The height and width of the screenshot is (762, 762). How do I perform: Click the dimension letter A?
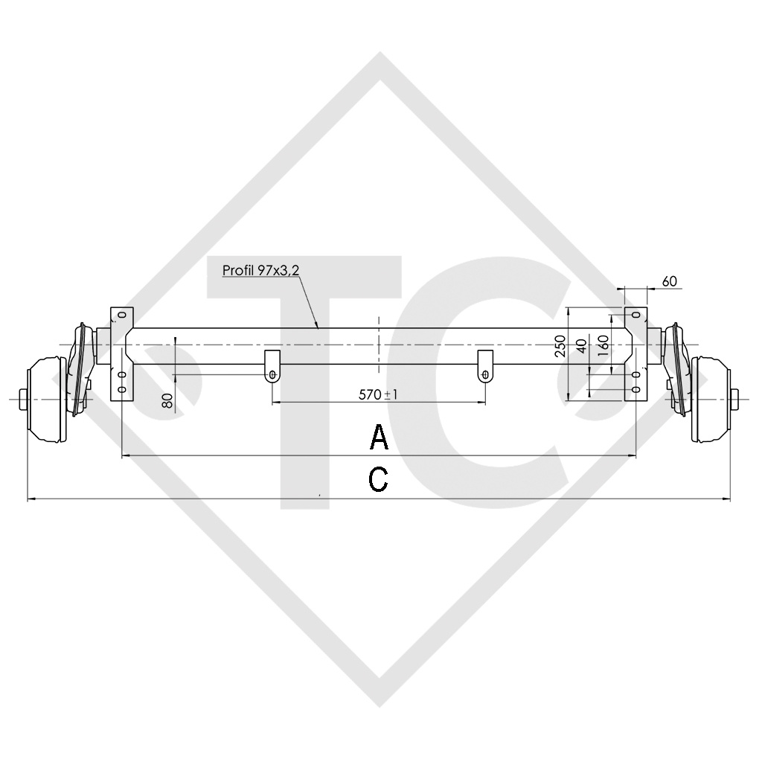point(380,438)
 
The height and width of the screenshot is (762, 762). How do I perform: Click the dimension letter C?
point(379,480)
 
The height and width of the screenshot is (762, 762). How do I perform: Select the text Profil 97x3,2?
point(260,270)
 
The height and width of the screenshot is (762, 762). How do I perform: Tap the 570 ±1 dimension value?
point(378,394)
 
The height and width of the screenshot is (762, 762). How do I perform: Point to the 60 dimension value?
point(669,281)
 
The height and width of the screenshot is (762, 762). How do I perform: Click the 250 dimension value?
point(560,347)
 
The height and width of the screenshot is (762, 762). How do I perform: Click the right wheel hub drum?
point(710,400)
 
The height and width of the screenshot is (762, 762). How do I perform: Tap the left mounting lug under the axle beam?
point(273,365)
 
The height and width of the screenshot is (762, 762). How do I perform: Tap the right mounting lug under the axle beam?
point(485,365)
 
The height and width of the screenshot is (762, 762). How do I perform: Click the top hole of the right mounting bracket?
point(635,315)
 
